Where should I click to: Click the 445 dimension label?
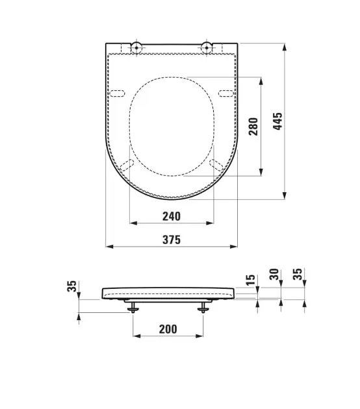pos(277,121)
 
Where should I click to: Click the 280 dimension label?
pos(253,127)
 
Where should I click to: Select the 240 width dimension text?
pos(172,216)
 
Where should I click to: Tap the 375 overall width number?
pos(172,240)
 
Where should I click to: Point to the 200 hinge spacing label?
pos(168,329)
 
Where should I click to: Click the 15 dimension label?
pos(250,280)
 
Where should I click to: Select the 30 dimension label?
pos(274,275)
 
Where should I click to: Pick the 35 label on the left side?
pos(71,286)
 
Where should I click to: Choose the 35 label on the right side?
pos(298,274)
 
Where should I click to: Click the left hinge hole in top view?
pos(136,48)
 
